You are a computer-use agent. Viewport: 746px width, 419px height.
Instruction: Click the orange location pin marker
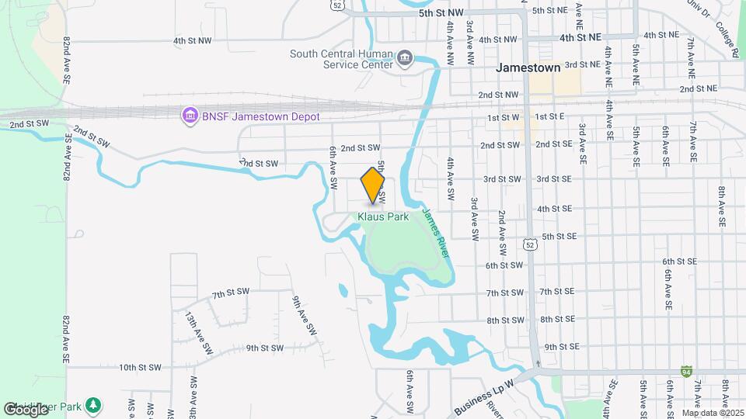(x=373, y=185)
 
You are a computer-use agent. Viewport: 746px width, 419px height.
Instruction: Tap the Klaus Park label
(x=383, y=217)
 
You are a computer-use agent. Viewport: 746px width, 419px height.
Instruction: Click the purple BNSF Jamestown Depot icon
(x=189, y=116)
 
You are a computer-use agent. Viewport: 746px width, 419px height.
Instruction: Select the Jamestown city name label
(x=528, y=68)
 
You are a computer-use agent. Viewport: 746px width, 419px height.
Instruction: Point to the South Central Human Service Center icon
(x=405, y=59)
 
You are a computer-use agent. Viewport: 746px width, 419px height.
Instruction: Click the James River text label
(x=436, y=232)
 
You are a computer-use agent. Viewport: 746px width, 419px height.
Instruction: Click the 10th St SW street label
(x=140, y=367)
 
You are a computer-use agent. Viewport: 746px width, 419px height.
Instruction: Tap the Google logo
(x=26, y=409)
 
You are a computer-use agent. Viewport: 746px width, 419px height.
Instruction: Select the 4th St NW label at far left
(x=193, y=40)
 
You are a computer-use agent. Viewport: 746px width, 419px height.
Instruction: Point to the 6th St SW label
(x=504, y=265)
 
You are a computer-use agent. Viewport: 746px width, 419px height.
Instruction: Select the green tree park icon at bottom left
(x=92, y=404)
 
